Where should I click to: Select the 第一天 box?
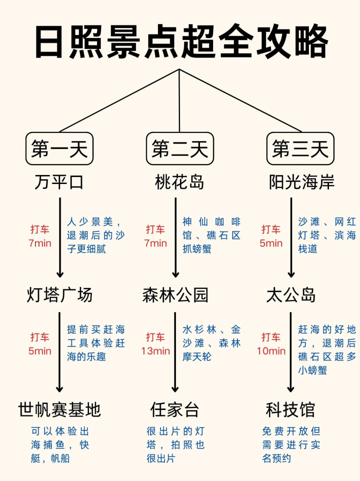point(59,148)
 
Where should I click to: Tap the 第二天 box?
point(180,148)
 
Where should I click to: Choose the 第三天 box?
point(300,148)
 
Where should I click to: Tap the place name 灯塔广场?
point(59,295)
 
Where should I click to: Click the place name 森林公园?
point(175,295)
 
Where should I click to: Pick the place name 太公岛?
point(291,295)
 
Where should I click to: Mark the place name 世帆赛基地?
point(59,410)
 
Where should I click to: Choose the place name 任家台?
point(175,410)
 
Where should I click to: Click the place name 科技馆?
point(291,410)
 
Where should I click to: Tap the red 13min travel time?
point(155,351)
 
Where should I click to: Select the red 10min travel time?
point(271,351)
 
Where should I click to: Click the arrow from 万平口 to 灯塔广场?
point(60,237)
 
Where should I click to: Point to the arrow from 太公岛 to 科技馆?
point(291,352)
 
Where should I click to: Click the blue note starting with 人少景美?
point(96,235)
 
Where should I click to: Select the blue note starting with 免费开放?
point(291,444)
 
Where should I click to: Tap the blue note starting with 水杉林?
point(211,343)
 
